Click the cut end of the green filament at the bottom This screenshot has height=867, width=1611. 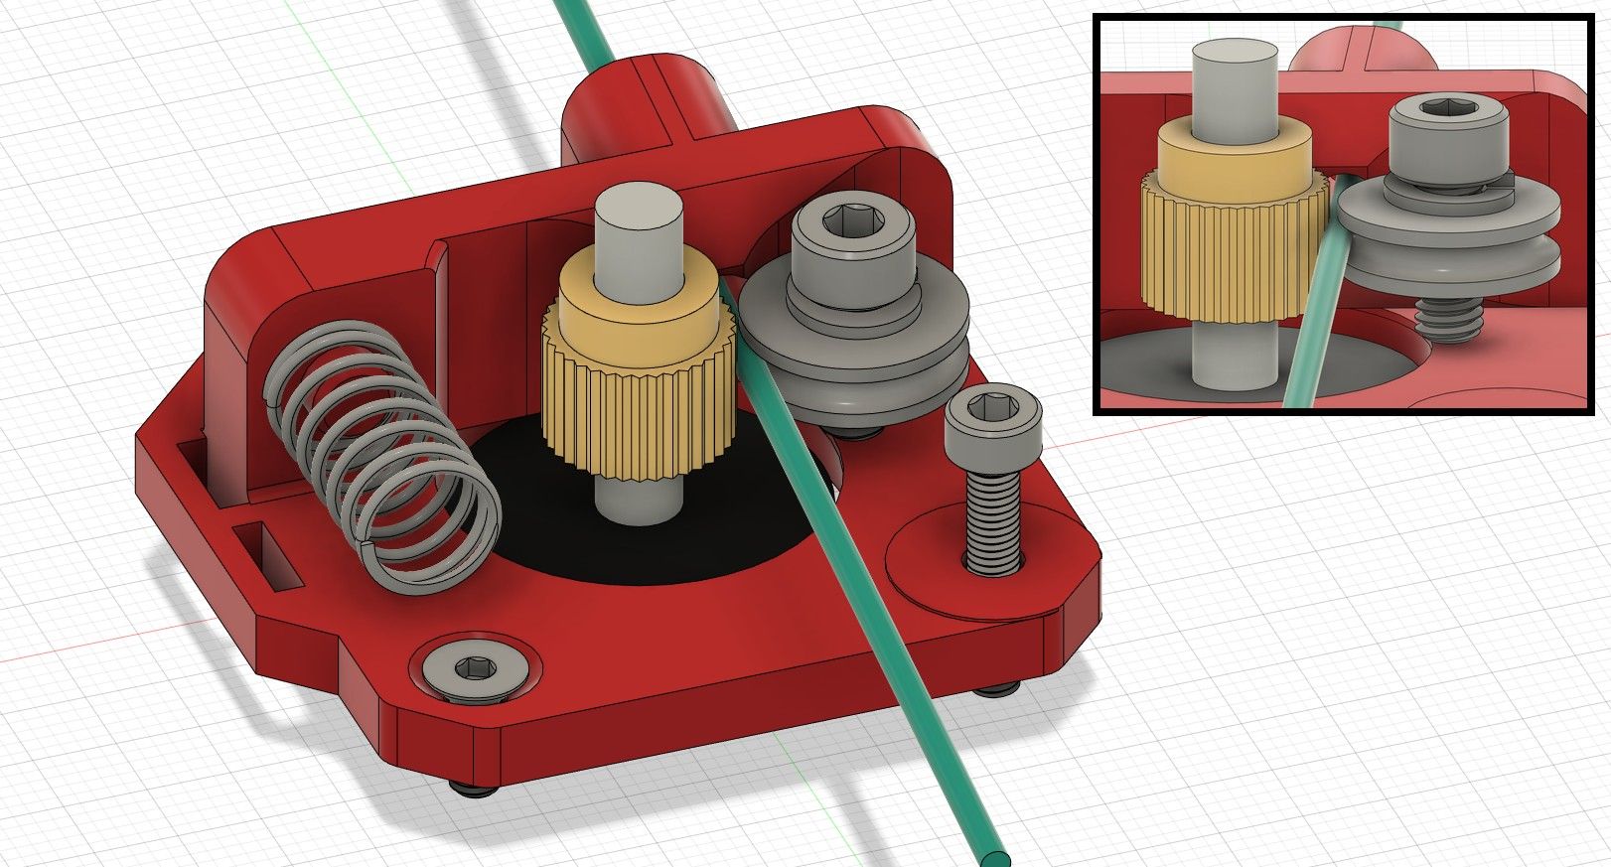(996, 857)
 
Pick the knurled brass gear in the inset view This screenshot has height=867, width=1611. (1232, 248)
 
